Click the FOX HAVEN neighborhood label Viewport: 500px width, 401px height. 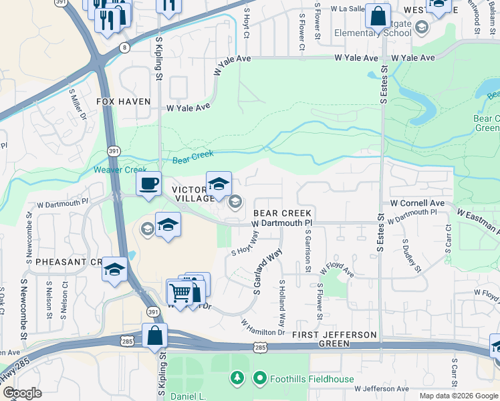pos(124,102)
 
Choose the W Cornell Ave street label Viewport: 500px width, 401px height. pos(417,203)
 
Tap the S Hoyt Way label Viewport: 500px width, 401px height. pos(245,244)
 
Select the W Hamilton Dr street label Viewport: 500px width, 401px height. pos(263,328)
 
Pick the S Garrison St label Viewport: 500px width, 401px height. pos(307,251)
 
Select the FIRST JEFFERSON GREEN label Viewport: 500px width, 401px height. pos(329,339)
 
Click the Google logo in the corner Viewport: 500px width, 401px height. pos(22,393)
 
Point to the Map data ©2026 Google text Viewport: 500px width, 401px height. pos(459,396)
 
